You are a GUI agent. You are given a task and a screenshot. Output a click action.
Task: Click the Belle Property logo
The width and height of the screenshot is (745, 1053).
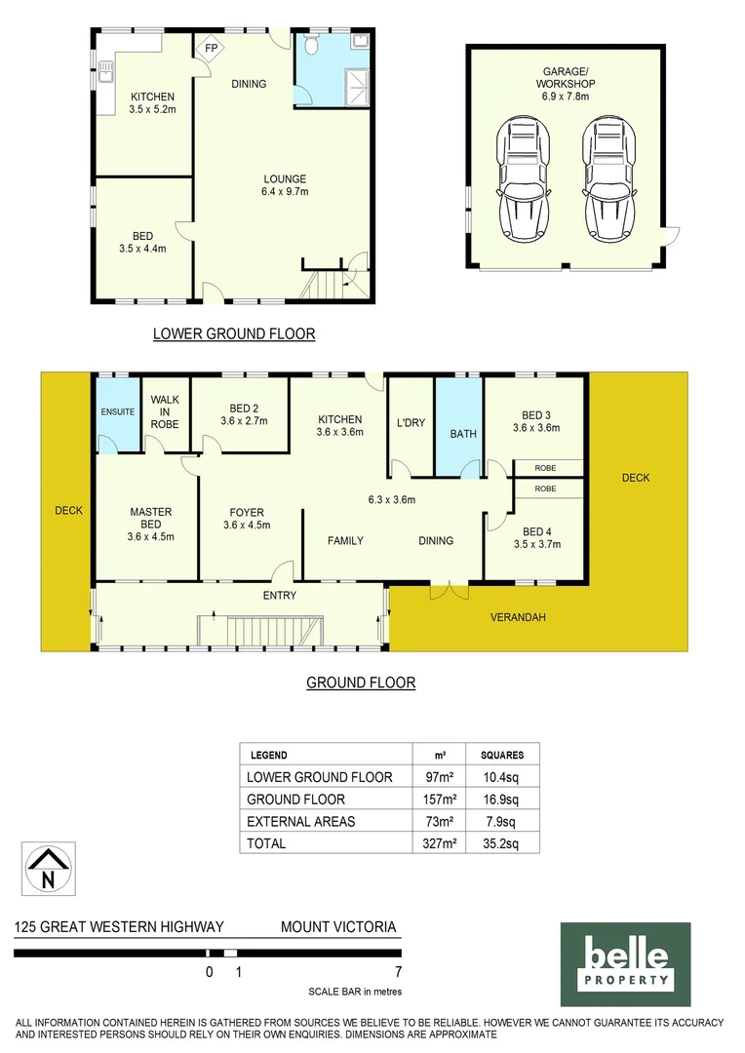(x=625, y=964)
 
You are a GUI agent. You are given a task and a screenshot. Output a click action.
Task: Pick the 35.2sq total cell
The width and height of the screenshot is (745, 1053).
(x=502, y=843)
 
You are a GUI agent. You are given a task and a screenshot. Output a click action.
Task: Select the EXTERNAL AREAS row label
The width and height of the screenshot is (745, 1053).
(x=300, y=821)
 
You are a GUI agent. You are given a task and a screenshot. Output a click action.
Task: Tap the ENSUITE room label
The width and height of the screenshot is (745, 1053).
(x=118, y=412)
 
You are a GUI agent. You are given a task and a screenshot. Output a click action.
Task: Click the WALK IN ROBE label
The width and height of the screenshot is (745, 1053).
(x=164, y=411)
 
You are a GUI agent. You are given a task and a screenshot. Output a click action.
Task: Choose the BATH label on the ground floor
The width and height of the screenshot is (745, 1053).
(x=463, y=434)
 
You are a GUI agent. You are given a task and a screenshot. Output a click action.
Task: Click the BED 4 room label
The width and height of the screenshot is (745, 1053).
(x=537, y=537)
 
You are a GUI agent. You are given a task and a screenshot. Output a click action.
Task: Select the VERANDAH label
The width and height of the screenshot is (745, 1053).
(x=518, y=617)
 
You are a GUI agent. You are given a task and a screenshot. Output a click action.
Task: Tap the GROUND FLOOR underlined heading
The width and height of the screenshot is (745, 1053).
(x=361, y=682)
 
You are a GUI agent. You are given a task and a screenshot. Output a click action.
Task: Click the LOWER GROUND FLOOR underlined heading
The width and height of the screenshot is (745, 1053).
(x=234, y=334)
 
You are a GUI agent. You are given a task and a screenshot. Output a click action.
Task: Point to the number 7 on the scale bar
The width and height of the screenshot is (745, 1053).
(x=398, y=972)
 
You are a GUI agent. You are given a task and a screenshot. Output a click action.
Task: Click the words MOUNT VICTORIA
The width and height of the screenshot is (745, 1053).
(x=338, y=927)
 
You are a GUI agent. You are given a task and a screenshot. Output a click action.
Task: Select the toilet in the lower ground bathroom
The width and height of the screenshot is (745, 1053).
(x=313, y=46)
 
